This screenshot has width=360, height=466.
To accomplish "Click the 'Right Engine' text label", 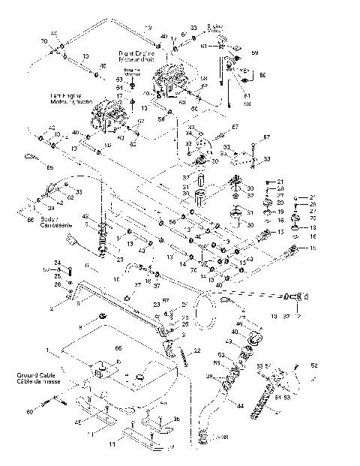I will [136, 55].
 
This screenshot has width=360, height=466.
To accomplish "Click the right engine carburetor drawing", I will [171, 82].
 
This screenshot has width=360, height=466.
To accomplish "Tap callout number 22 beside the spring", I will [196, 351].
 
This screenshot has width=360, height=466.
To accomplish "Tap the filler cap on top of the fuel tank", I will [98, 368].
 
